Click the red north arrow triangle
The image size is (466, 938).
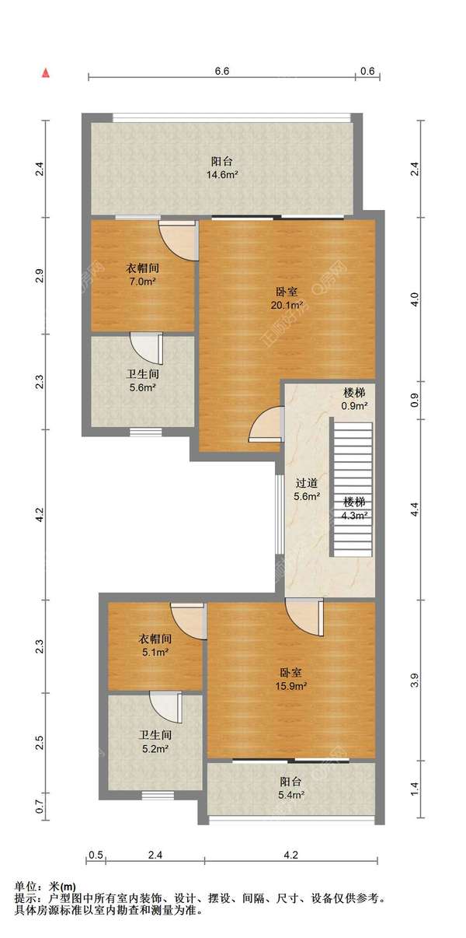coord(46,73)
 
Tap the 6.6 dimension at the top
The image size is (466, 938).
coord(221,72)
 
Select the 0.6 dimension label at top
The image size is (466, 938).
coord(367,72)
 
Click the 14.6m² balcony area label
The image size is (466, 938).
coord(222,168)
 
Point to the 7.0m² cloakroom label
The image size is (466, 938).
coord(143,275)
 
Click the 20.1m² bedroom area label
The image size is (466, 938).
coord(287,298)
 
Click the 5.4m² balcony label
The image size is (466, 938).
coord(291,789)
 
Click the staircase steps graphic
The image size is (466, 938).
coord(353,489)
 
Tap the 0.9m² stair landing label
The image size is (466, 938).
coord(355,399)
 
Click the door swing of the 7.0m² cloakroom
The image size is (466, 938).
coord(178,241)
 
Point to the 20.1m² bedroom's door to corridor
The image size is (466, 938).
coord(266,424)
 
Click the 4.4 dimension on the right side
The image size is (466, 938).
coord(414,509)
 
